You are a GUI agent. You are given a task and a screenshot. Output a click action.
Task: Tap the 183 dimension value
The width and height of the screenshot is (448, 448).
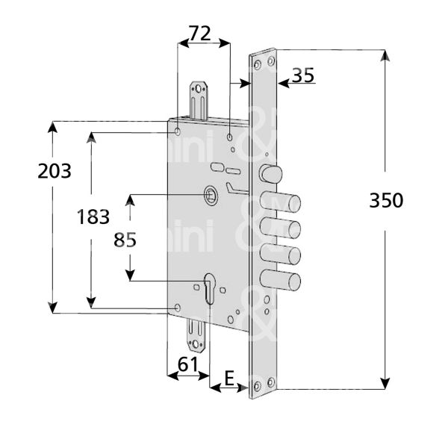pos(94,217)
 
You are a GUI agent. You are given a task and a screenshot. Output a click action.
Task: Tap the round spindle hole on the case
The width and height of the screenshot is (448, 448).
pos(211,196)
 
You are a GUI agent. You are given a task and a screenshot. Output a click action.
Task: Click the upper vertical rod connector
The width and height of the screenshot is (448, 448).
pos(201,98)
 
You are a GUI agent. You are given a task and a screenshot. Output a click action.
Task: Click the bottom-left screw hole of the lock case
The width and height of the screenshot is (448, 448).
pos(177,307)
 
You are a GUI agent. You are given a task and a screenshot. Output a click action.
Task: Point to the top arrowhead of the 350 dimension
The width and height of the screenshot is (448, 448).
pos(385,55)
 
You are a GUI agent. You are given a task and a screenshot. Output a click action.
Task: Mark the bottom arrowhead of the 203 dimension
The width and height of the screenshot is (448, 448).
pos(53,307)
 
